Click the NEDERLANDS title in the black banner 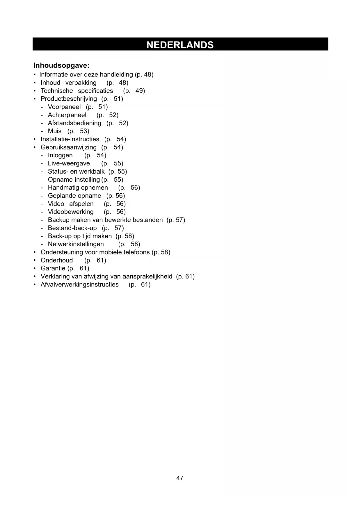point(180,45)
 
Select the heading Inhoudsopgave point(61,65)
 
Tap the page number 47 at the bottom point(180,478)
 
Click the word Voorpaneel point(64,107)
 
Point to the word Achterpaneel point(67,115)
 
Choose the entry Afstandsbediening point(74,123)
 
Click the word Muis point(55,131)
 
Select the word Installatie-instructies point(70,139)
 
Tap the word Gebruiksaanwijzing point(68,147)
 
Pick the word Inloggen point(60,155)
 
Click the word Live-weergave point(69,163)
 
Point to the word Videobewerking point(71,212)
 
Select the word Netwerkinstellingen point(76,244)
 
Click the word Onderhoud point(57,260)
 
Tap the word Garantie point(53,268)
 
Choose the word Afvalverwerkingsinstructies point(79,285)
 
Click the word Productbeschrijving point(69,99)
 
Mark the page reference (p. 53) point(78,131)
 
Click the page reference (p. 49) point(134,91)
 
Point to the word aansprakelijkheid point(147,277)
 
